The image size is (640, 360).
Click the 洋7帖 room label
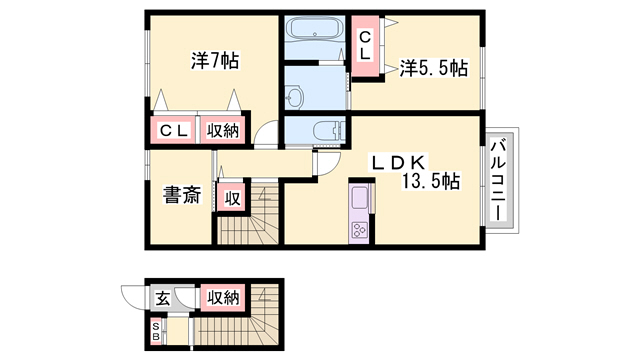tap(215, 60)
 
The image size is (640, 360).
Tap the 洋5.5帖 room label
tap(433, 68)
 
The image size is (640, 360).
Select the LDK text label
tap(398, 163)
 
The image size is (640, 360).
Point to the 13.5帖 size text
tap(430, 181)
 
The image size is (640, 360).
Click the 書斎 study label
tap(182, 195)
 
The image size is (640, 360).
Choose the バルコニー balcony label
tap(498, 180)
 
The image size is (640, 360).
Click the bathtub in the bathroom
tap(314, 29)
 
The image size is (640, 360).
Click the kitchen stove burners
tap(359, 230)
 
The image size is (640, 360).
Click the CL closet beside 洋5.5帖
tap(365, 46)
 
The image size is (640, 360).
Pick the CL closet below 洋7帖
tap(173, 131)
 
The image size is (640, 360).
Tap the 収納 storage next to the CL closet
tap(222, 131)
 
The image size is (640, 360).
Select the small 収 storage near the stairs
tap(232, 198)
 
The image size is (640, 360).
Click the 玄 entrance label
tap(162, 299)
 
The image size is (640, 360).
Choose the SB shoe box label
tap(156, 331)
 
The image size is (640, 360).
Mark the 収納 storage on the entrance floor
tap(222, 298)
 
